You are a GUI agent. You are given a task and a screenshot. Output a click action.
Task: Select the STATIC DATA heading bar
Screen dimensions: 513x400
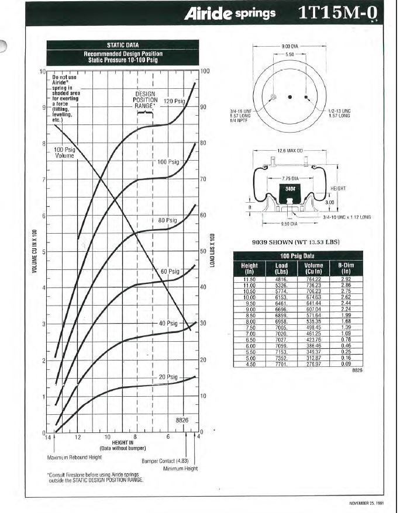pyautogui.click(x=123, y=44)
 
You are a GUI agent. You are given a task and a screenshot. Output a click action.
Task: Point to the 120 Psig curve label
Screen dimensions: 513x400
pyautogui.click(x=174, y=101)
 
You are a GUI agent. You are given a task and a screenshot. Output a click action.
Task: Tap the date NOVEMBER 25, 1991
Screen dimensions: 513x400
pyautogui.click(x=367, y=502)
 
